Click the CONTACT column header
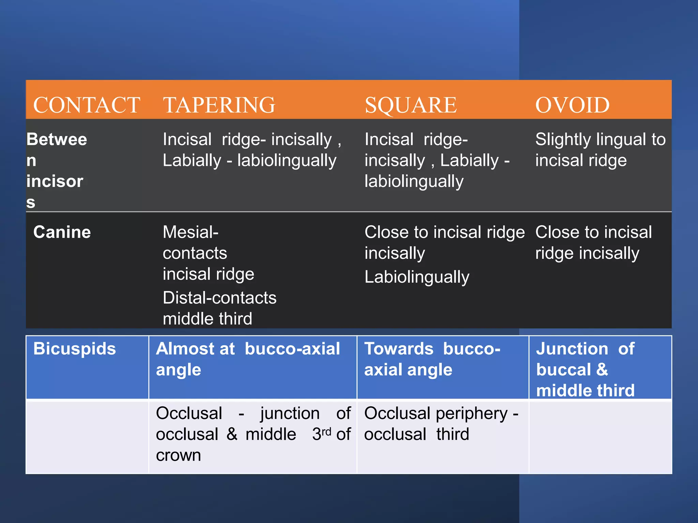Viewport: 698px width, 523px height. coord(87,105)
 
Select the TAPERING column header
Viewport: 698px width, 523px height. coord(219,105)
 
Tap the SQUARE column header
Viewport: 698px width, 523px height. coord(411,105)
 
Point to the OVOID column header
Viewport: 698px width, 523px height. coord(572,105)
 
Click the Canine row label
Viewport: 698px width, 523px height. coord(62,232)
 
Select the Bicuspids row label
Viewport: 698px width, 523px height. coord(75,349)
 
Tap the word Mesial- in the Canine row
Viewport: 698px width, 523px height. coord(191,232)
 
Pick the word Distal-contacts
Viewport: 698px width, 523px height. coord(219,298)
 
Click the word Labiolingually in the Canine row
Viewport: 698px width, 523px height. coord(417,277)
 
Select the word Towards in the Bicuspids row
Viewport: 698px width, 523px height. coord(399,349)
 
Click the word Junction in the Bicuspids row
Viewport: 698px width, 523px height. coord(572,349)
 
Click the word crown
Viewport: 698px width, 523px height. coord(178,455)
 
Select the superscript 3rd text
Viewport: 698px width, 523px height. coord(322,434)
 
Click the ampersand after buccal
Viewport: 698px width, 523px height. coord(602,370)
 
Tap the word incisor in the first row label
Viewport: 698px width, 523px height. coord(55,181)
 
